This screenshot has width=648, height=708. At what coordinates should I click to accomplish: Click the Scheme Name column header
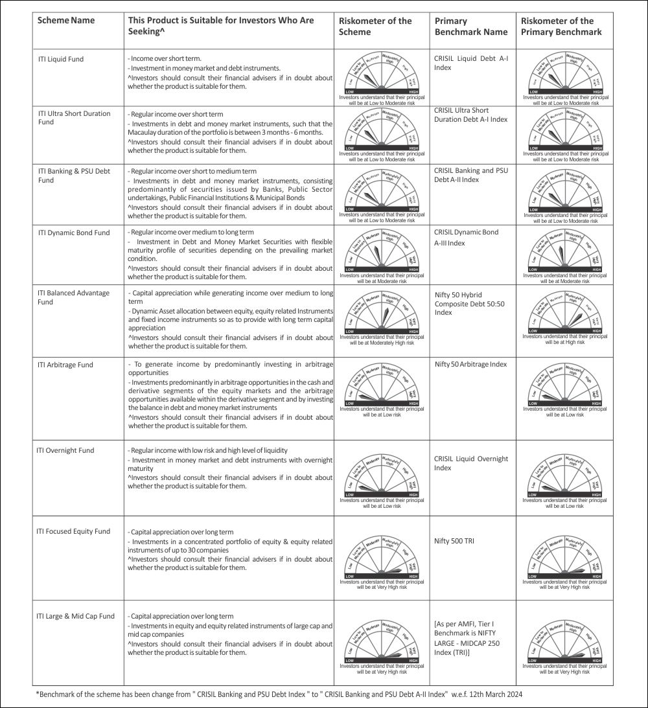[66, 20]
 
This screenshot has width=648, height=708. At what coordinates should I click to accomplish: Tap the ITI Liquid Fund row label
[61, 59]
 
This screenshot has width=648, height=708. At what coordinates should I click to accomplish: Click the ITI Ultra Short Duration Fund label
[74, 117]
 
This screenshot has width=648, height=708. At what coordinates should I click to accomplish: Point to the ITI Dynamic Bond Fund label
[74, 233]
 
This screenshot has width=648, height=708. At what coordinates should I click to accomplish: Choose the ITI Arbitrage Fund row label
[65, 365]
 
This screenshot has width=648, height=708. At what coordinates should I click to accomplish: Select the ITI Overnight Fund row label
[65, 450]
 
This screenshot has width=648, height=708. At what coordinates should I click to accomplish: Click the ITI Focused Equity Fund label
[73, 531]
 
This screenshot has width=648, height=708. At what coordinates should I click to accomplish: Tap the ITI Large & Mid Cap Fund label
[75, 616]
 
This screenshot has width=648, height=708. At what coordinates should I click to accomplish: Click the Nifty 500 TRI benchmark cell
[454, 541]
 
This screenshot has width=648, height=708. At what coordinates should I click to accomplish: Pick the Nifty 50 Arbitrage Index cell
[470, 365]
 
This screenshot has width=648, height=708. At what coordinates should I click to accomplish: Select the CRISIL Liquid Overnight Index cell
[471, 463]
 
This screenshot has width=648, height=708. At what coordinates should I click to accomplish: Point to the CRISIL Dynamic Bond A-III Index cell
[467, 237]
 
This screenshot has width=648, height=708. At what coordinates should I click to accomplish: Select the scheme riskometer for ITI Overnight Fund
[382, 481]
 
